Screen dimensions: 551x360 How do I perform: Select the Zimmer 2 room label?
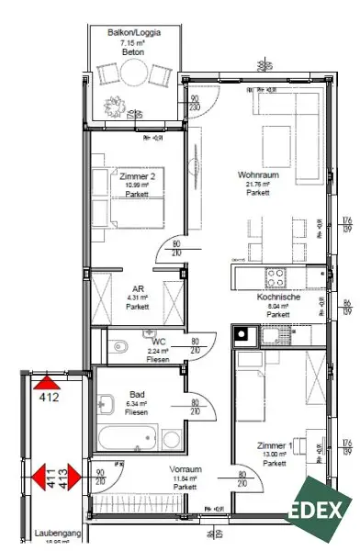point(136,174)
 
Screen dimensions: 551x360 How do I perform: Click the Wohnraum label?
point(257,174)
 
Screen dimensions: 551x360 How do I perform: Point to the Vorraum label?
point(186,468)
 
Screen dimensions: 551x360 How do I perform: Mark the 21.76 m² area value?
point(257,184)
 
